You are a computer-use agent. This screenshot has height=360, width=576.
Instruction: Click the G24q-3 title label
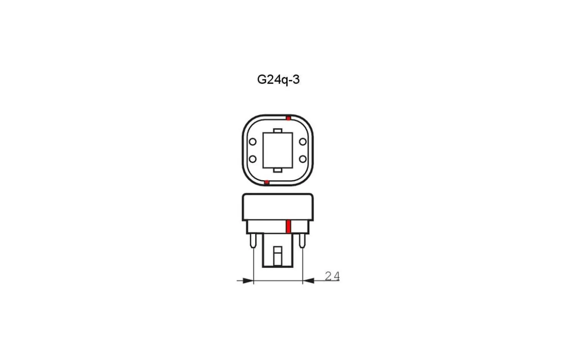(279, 80)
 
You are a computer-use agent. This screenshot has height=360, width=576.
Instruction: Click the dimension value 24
(332, 276)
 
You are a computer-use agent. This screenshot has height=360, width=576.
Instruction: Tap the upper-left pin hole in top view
(253, 142)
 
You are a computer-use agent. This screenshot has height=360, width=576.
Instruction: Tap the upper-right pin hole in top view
(303, 142)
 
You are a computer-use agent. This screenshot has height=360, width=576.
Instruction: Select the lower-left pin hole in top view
(253, 159)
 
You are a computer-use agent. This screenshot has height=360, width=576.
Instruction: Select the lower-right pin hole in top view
(303, 159)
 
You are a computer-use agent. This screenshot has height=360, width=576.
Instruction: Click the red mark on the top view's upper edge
(288, 118)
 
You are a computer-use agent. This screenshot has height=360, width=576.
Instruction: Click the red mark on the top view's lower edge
(267, 182)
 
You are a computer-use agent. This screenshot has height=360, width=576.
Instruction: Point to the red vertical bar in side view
(288, 227)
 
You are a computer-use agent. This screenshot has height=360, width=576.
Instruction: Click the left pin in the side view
(253, 240)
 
